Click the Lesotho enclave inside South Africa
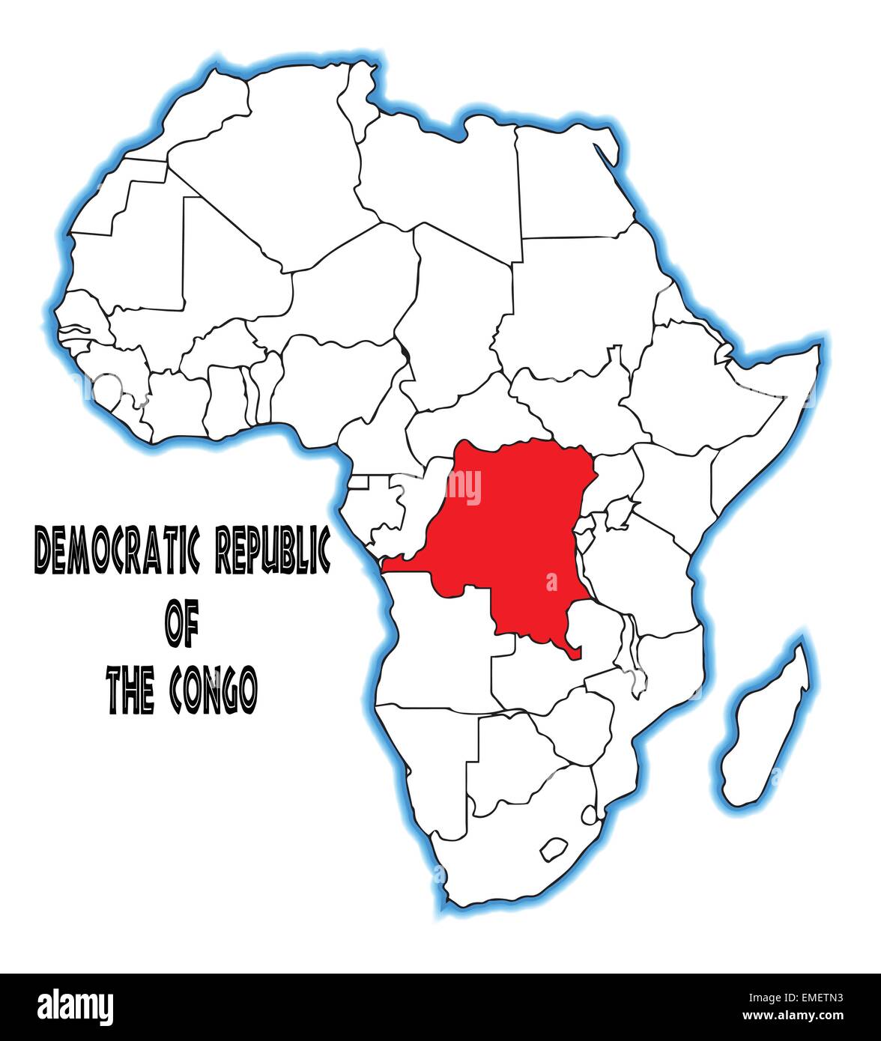[x=554, y=848]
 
